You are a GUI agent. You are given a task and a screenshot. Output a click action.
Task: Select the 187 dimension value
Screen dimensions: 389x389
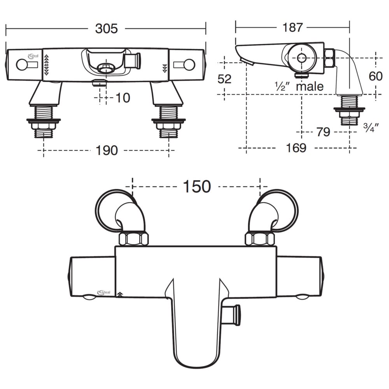(293, 27)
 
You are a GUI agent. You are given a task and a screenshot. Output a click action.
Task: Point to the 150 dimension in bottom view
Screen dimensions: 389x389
(197, 187)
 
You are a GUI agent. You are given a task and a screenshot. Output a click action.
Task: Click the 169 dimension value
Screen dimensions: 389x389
(296, 148)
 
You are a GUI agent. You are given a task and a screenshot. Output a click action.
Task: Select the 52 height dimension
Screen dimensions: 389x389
(224, 79)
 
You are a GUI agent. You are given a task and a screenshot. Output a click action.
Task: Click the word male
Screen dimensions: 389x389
(310, 86)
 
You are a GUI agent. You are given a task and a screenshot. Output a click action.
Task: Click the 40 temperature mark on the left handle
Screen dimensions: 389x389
(47, 65)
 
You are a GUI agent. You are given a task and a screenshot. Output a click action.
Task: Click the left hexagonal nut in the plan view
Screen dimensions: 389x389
(133, 239)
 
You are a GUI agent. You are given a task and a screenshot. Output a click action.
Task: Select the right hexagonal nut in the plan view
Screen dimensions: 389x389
(260, 239)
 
